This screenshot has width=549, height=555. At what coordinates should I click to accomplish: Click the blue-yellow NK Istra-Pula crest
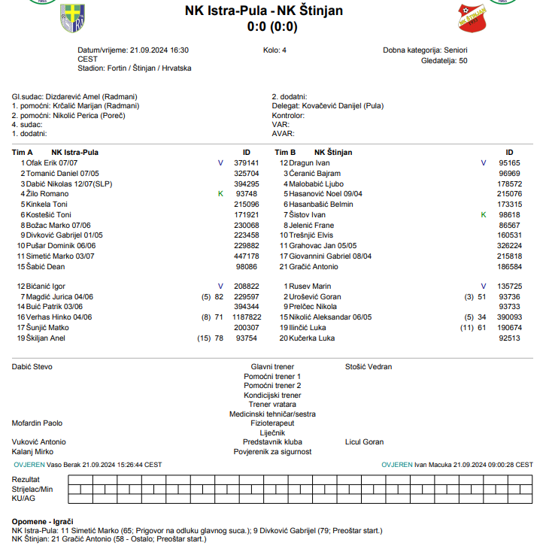tap(72, 18)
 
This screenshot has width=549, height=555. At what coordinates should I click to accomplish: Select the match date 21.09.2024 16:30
tap(159, 50)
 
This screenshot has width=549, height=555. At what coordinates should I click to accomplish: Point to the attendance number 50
tap(463, 60)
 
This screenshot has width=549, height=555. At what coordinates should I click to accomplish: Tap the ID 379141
tap(247, 162)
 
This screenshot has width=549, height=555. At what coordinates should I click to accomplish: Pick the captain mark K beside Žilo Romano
tap(220, 194)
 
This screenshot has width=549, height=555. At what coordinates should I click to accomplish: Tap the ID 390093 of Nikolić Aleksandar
tap(509, 317)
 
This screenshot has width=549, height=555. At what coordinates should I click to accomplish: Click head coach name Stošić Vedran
tap(368, 367)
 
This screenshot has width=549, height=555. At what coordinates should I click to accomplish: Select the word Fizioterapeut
tap(272, 423)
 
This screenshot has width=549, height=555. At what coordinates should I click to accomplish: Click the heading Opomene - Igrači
tap(42, 521)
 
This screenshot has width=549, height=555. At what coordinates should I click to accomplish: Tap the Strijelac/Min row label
tap(33, 489)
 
